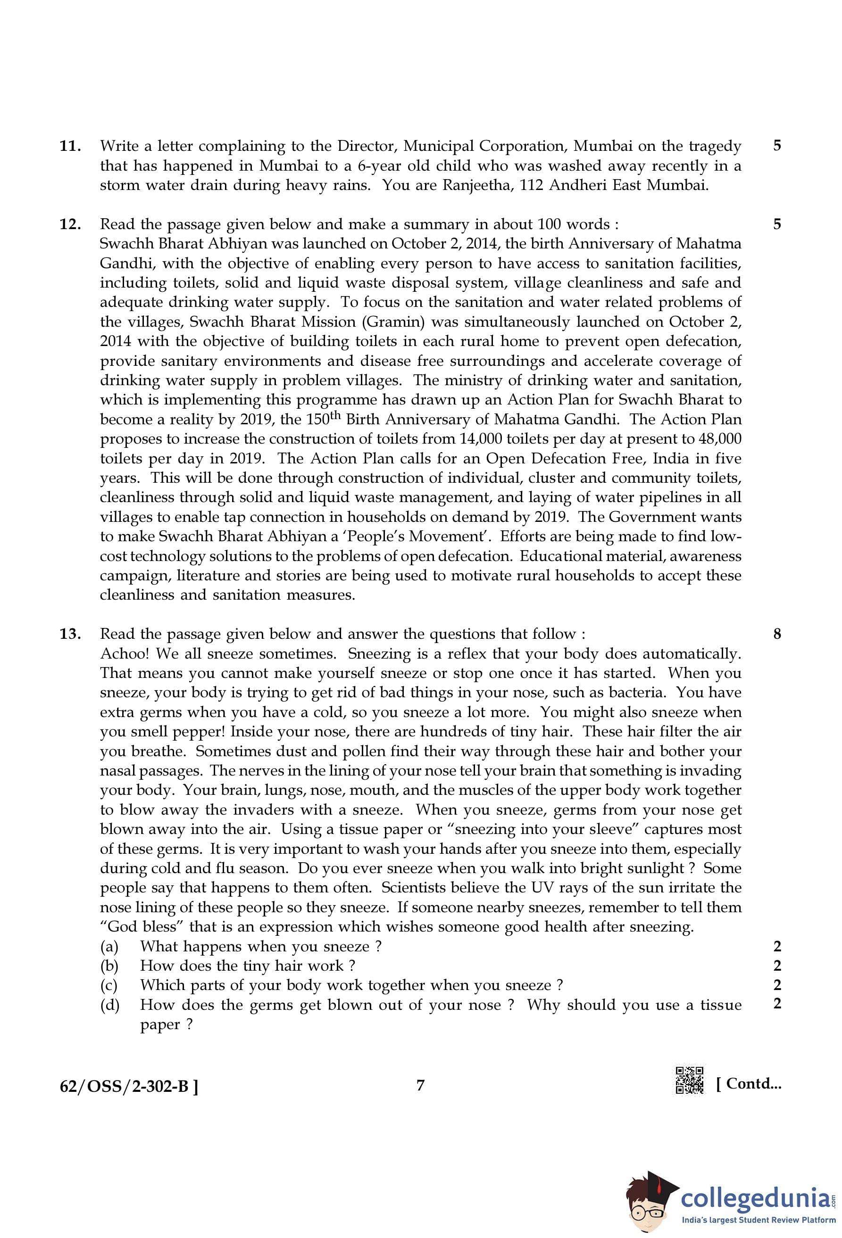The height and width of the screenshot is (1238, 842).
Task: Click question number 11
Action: (x=70, y=146)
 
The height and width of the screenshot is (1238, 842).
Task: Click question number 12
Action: (x=70, y=224)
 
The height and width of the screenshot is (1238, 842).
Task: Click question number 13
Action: (x=70, y=634)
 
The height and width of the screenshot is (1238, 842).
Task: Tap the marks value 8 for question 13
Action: (x=777, y=634)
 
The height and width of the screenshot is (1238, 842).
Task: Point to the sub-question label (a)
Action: (x=109, y=947)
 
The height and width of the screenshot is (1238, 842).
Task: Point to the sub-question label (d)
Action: (x=109, y=1005)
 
